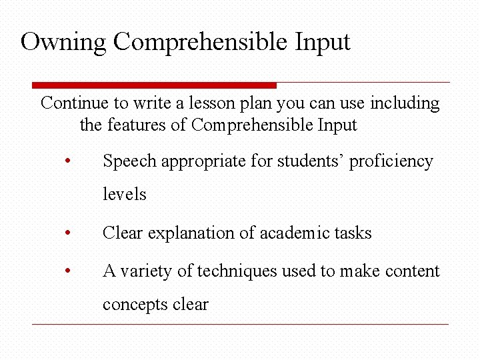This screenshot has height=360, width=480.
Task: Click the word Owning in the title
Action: click(63, 42)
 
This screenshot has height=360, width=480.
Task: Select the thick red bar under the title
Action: click(154, 85)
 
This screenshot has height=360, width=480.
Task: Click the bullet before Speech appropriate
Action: click(67, 161)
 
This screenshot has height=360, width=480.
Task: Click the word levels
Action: click(124, 194)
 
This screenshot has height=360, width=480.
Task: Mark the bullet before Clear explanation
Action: click(67, 233)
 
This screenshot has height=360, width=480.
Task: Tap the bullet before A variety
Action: click(67, 271)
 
